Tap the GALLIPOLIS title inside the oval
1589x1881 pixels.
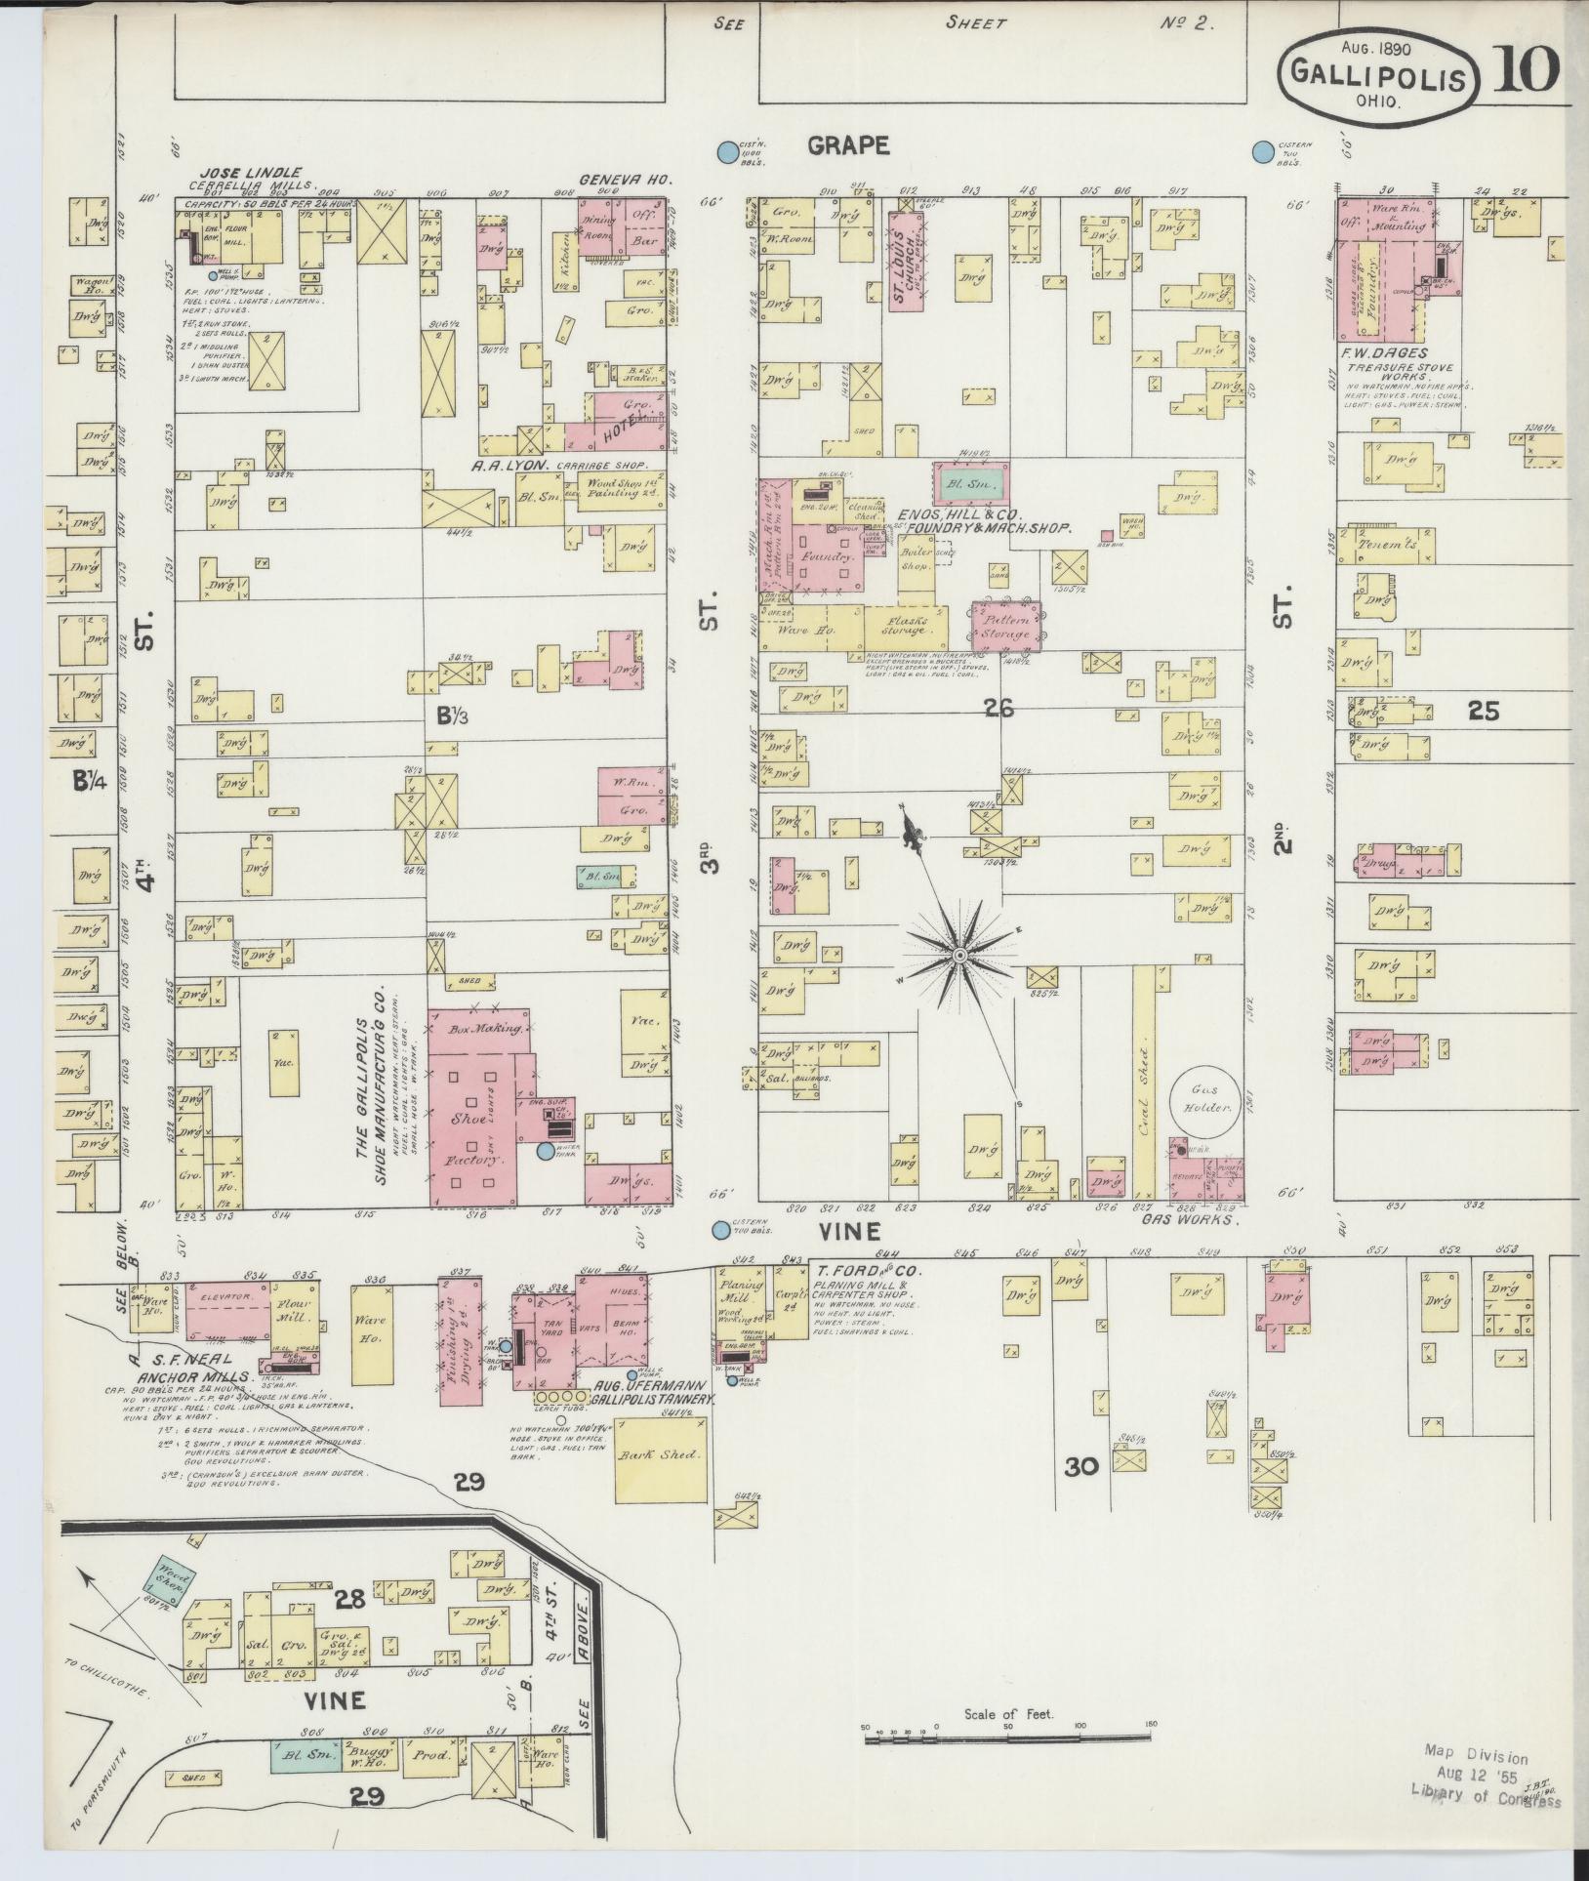coord(1379,75)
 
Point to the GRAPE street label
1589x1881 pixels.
coord(848,145)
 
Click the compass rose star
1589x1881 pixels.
coord(960,954)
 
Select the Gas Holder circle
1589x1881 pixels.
coord(1203,1099)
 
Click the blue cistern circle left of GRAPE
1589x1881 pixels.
coord(726,152)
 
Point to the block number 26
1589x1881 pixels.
coord(999,709)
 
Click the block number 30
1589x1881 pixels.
coord(1081,1493)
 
